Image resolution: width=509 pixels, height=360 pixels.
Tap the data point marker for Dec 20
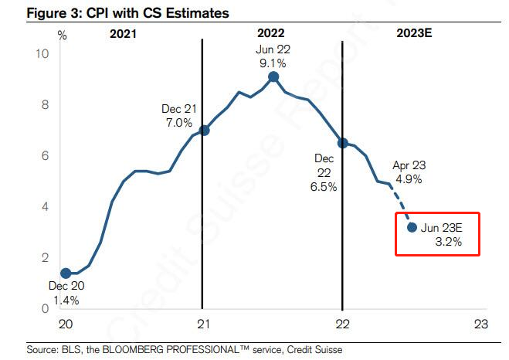click(x=66, y=273)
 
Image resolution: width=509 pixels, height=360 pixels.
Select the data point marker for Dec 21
click(x=204, y=130)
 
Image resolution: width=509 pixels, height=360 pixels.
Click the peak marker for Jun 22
click(x=273, y=76)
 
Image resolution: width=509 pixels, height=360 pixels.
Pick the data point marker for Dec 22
click(x=342, y=143)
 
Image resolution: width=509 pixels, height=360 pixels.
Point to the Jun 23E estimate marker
click(x=412, y=227)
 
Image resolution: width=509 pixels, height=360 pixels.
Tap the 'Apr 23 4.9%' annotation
click(x=409, y=172)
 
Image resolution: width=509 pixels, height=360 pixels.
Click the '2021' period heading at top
click(x=124, y=34)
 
